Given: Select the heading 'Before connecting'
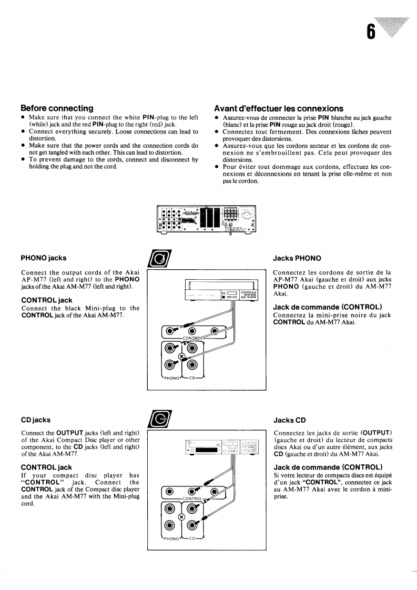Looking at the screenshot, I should point(57,108).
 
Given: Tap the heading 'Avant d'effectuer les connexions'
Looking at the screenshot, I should point(279,108).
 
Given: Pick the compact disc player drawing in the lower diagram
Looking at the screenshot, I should point(221,445).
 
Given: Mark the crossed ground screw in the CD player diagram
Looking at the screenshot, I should point(181,517).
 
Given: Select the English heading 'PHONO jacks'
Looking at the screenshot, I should point(44,258).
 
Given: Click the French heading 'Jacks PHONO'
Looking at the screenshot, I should point(296,258).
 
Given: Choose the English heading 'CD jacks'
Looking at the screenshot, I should point(36,420).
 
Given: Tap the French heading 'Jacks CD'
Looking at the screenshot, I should point(288,420).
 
